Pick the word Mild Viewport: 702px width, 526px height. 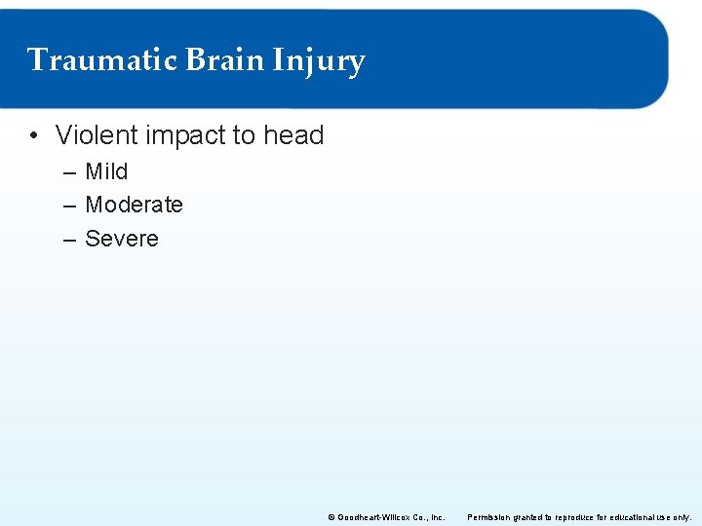(106, 171)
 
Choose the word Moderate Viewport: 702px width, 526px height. (134, 205)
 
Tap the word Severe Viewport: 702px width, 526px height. (121, 239)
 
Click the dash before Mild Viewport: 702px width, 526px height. (70, 172)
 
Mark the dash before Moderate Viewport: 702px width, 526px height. (70, 206)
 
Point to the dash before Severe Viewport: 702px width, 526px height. (70, 240)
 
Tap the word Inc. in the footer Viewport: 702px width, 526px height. (437, 517)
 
